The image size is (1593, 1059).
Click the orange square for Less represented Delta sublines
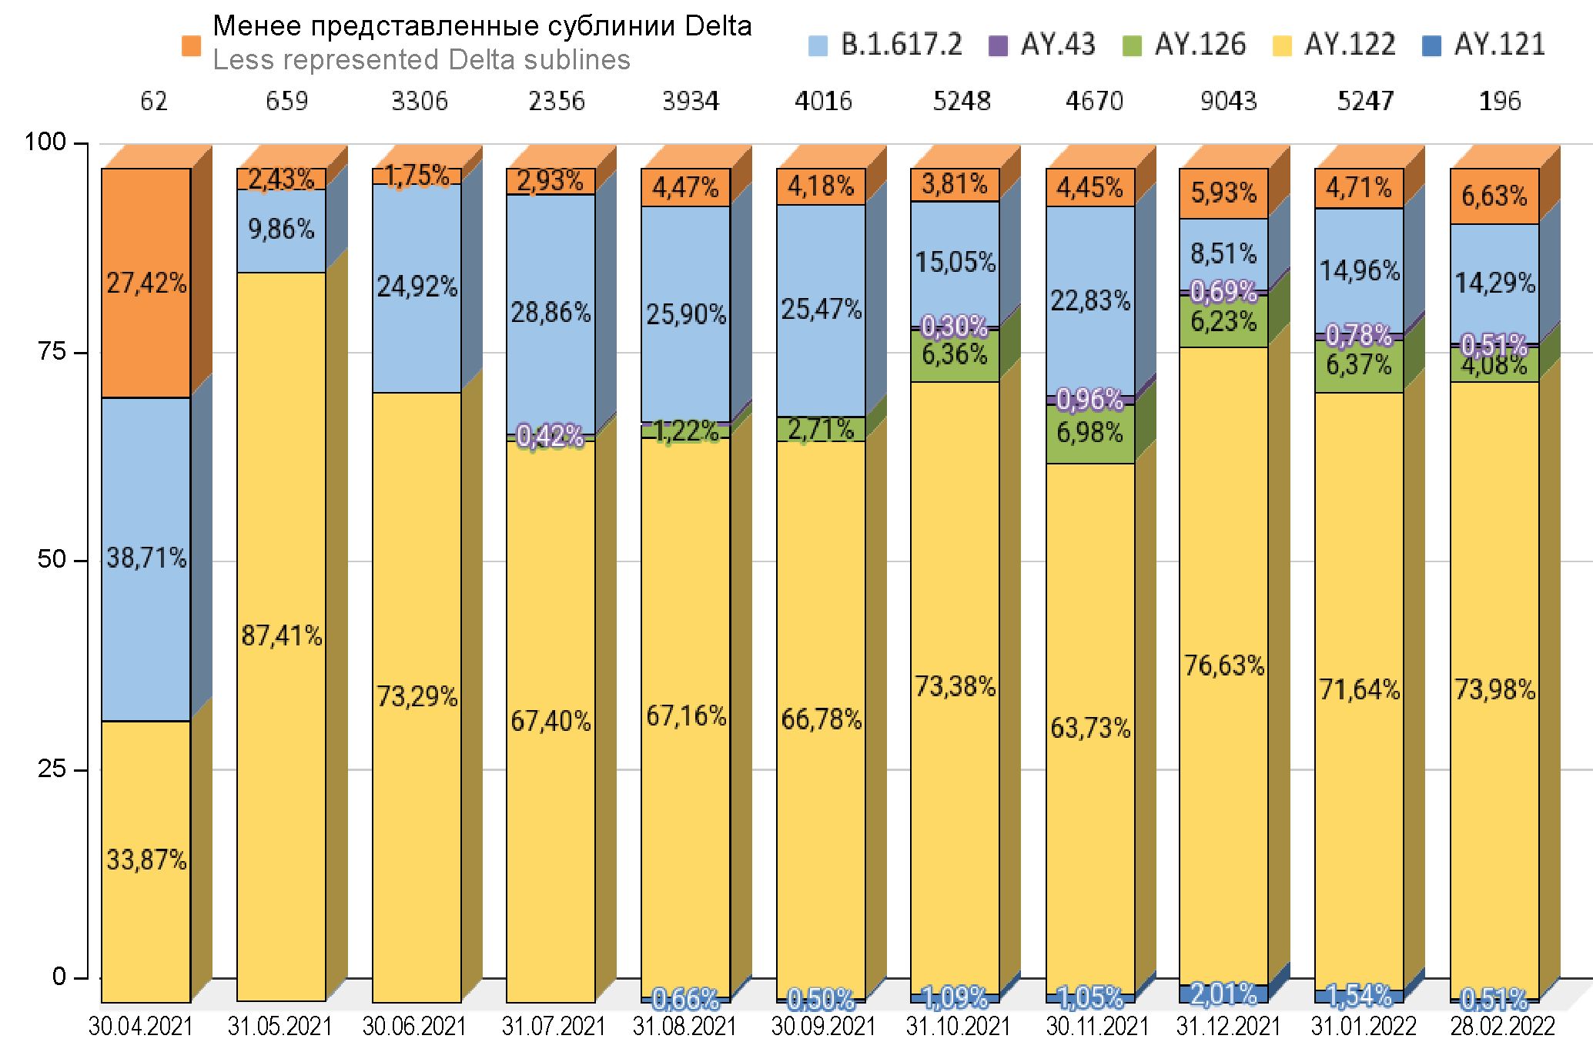click(191, 45)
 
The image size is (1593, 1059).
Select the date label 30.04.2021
click(140, 1027)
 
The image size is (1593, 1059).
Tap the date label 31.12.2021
click(1228, 1027)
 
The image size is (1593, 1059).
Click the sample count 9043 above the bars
click(1228, 101)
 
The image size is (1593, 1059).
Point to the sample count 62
click(153, 101)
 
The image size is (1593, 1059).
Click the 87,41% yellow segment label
click(282, 636)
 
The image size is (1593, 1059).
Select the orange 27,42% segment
click(146, 283)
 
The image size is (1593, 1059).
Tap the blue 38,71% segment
click(146, 558)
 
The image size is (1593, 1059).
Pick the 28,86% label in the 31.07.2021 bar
click(551, 313)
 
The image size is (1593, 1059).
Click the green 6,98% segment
click(1089, 433)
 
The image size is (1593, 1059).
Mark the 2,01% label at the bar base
click(1224, 994)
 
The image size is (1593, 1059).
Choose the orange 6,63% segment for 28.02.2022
click(1494, 196)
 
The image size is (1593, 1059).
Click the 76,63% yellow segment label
click(1224, 665)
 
